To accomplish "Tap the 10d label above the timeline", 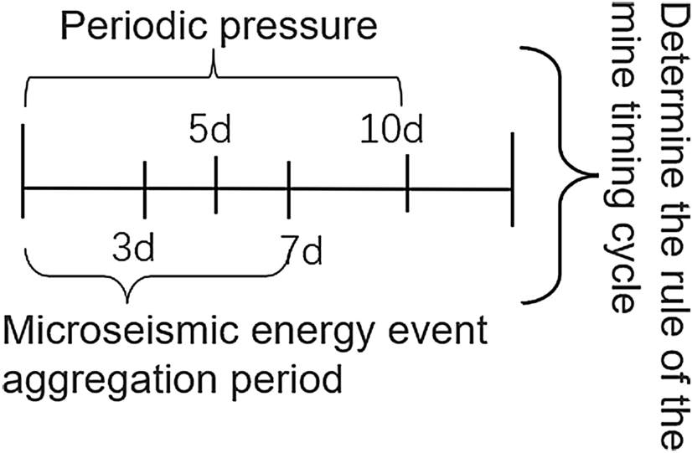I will point(392,132).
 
